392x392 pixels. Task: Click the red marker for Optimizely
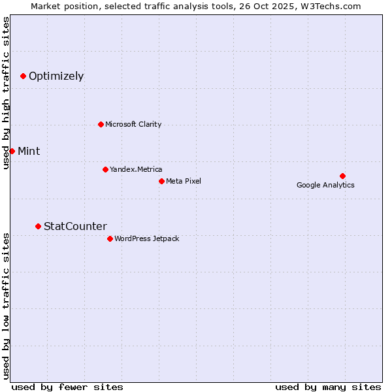(23, 76)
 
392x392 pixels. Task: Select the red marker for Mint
(12, 152)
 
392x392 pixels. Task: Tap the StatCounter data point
(38, 227)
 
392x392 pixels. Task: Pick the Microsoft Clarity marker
(101, 125)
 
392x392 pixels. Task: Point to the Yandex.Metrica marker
(105, 170)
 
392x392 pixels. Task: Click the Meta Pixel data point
(161, 181)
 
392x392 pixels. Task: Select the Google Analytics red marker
(342, 176)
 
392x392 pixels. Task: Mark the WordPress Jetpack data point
(110, 239)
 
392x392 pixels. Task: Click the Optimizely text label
(56, 76)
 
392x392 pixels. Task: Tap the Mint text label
(29, 152)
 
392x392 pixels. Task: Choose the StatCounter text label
(75, 227)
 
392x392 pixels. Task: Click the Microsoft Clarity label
(133, 125)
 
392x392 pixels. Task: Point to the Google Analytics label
(325, 186)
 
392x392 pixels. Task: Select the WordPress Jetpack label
(146, 239)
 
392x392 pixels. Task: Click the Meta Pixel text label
(184, 181)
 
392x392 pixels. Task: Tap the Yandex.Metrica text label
(136, 170)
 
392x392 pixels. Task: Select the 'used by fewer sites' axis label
(67, 387)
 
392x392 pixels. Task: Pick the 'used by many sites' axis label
(328, 387)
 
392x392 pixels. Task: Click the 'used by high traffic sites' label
(6, 93)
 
